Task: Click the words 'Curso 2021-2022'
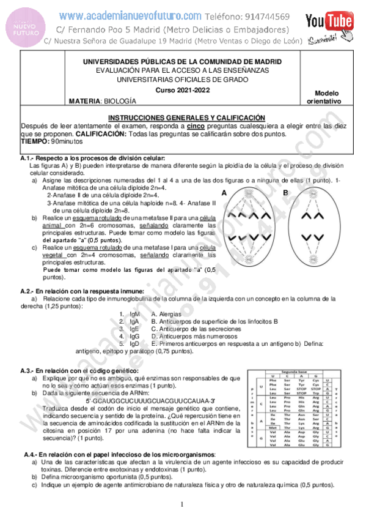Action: pos(181,89)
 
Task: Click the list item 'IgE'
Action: pos(130,328)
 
